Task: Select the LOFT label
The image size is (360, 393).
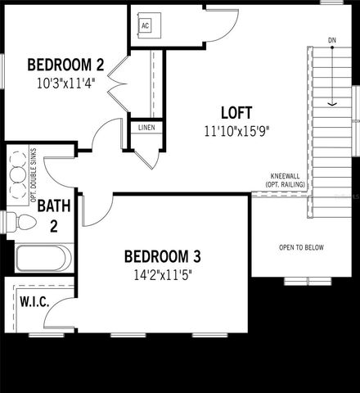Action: click(236, 113)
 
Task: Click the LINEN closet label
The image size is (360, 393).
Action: click(146, 129)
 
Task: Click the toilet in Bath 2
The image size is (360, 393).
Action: click(22, 223)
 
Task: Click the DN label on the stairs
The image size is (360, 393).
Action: click(332, 39)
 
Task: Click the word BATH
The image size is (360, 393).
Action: click(53, 206)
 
